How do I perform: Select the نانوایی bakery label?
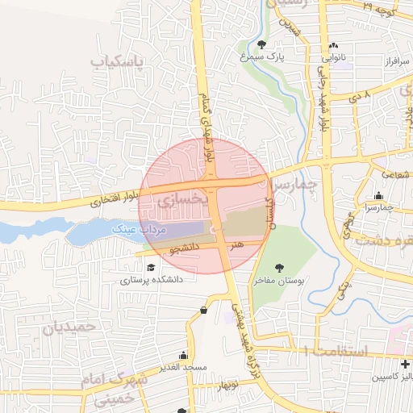(x=333, y=58)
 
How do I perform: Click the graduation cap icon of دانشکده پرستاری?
(x=150, y=267)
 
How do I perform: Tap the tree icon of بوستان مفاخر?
(x=279, y=267)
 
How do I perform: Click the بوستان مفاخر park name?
(x=277, y=282)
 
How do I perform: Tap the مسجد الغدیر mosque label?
(x=185, y=368)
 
